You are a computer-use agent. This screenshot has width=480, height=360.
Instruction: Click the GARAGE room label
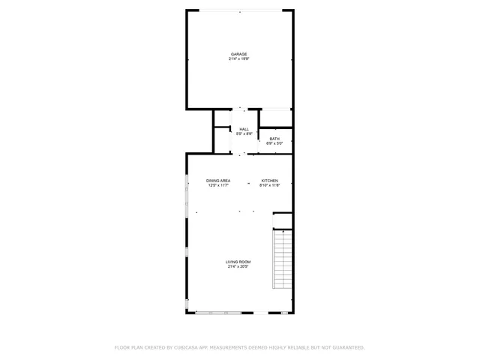tap(239, 54)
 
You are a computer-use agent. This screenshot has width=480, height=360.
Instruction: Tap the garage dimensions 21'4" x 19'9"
tap(239, 58)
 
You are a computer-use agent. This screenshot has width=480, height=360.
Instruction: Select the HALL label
tap(244, 129)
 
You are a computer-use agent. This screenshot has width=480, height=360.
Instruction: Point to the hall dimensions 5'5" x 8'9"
tap(244, 133)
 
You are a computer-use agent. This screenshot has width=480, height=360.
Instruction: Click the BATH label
tap(274, 139)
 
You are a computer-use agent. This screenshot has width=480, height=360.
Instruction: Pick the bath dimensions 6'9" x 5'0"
tap(274, 143)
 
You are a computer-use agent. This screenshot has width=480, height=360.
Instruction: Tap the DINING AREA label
tap(219, 181)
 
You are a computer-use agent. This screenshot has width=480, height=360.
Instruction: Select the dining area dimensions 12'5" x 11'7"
tap(219, 185)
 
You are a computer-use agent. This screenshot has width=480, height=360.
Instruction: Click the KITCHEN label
tap(270, 181)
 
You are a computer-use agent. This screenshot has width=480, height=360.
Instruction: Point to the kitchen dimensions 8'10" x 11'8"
tap(270, 185)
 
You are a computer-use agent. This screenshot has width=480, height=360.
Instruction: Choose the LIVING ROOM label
tap(238, 262)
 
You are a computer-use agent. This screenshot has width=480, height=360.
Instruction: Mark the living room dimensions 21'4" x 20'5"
tap(238, 266)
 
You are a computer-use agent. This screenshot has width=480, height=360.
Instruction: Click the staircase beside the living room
tap(282, 259)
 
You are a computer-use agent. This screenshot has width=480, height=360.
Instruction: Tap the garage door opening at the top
tap(239, 10)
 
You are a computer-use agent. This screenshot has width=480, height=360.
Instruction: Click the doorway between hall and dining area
tap(239, 154)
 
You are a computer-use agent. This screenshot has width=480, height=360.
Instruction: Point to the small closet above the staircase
tap(283, 220)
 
